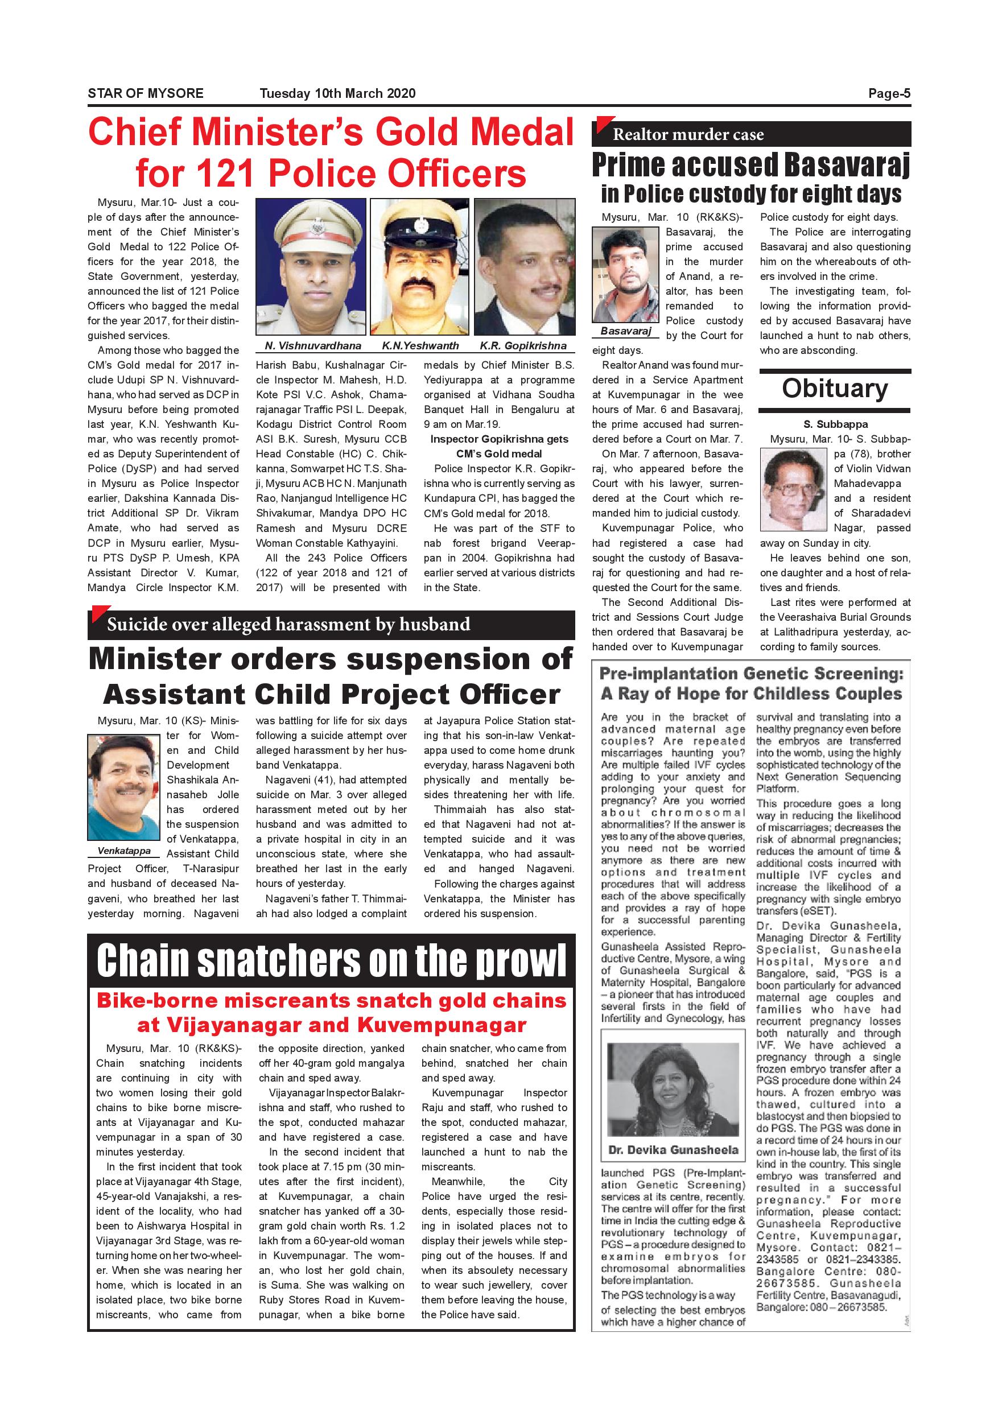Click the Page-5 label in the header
click(x=889, y=93)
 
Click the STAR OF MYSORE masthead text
click(x=146, y=93)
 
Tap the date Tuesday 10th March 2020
click(x=337, y=93)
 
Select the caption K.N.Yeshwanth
click(x=420, y=345)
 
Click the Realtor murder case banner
click(x=688, y=135)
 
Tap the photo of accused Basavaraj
click(x=625, y=275)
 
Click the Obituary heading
click(x=835, y=389)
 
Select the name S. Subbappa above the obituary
click(x=835, y=424)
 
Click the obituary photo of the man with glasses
click(x=793, y=489)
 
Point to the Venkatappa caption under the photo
click(x=124, y=851)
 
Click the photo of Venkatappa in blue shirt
click(x=123, y=787)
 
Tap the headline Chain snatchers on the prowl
click(x=331, y=960)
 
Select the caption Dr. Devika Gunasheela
click(x=673, y=1149)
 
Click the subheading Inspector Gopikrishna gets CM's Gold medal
click(x=499, y=446)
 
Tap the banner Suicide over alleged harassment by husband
click(x=288, y=624)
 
